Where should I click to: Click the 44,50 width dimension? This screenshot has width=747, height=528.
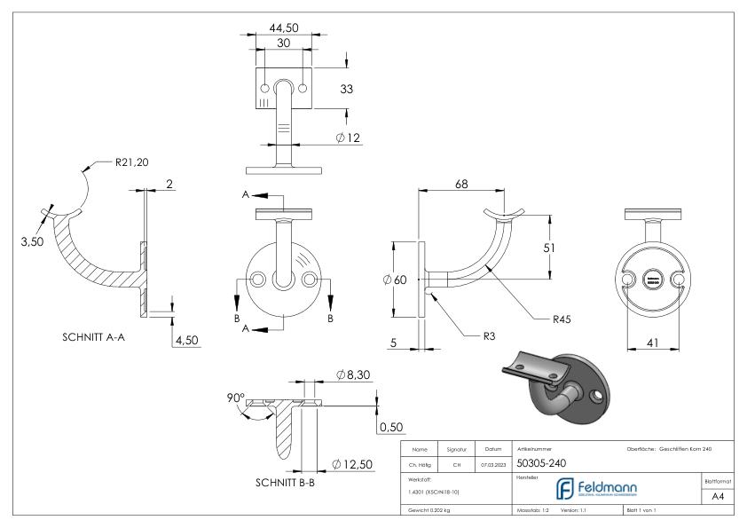click(284, 28)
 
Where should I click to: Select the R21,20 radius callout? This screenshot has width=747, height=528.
click(132, 163)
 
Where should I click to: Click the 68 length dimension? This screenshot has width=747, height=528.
click(462, 185)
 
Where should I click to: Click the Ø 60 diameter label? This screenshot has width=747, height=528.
click(395, 280)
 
